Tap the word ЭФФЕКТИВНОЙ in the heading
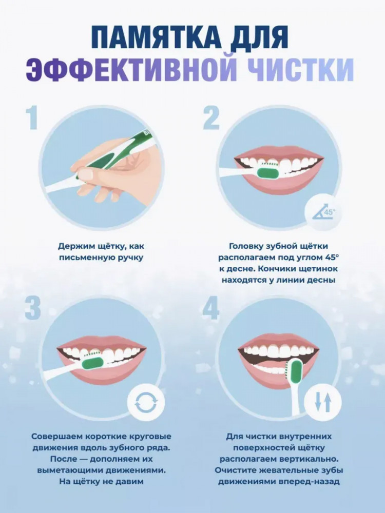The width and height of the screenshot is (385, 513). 131,69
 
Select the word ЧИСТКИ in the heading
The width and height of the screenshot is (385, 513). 300,69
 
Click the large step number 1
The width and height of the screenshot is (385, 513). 31,119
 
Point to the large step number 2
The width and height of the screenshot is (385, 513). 211,119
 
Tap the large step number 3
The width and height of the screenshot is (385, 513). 33,309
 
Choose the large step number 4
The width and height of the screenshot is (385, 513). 210,309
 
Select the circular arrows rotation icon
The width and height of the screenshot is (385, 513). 146,402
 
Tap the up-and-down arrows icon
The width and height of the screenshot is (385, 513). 323,402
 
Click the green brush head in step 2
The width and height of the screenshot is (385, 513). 268,171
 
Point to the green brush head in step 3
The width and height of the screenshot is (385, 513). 92,363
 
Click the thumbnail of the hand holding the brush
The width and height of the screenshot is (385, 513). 102,168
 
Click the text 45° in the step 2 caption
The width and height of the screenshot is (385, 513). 332,257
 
